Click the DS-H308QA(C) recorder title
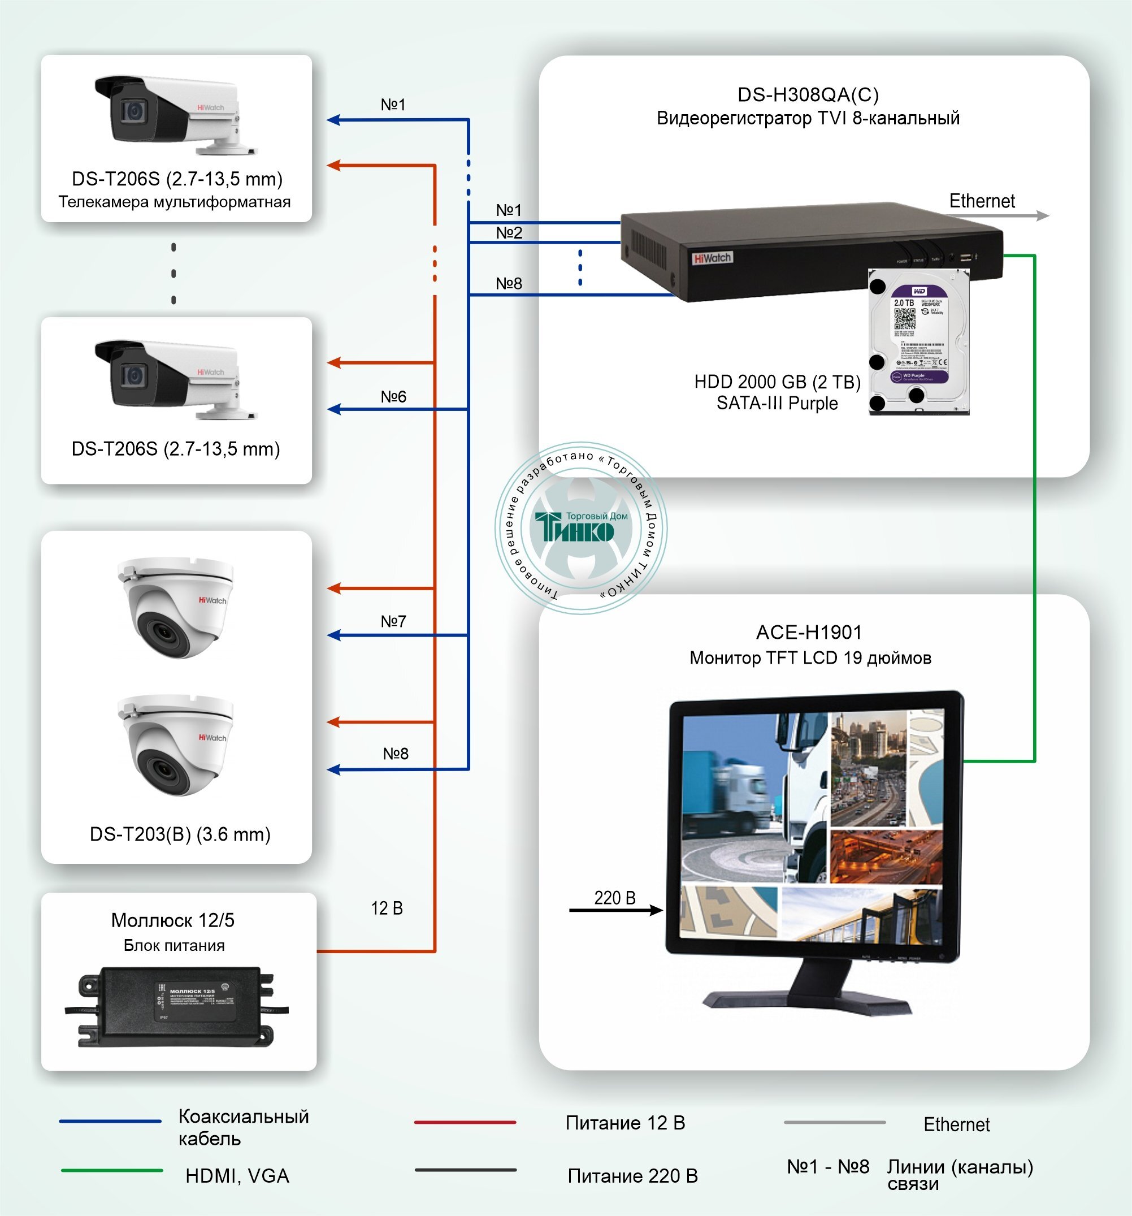pos(808,95)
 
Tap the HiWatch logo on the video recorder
pos(712,258)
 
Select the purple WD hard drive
pos(918,342)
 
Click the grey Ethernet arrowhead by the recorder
pos(1042,216)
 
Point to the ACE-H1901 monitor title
pos(809,633)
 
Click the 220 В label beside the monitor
pos(615,897)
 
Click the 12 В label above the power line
pos(387,908)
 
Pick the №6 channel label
pos(393,396)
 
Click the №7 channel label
pos(393,621)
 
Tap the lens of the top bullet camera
pos(134,111)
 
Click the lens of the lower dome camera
pos(162,768)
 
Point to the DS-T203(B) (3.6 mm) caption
pos(180,834)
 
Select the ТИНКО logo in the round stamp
pos(575,527)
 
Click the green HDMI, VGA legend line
pos(112,1171)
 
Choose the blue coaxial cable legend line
pos(110,1121)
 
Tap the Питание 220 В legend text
pos(632,1176)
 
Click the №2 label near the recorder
pos(509,232)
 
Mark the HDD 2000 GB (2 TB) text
pos(777,382)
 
